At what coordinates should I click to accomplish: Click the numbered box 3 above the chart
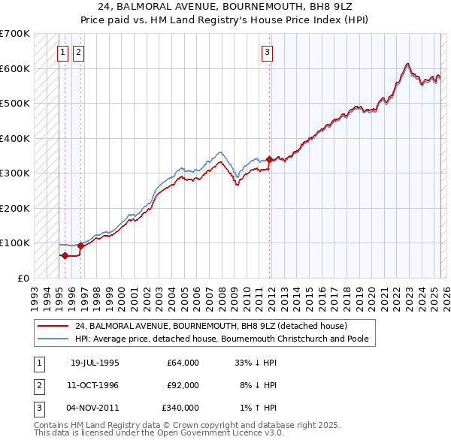click(x=267, y=52)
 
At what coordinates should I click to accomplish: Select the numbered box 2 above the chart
click(x=78, y=52)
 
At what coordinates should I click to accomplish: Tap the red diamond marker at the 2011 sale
click(x=269, y=159)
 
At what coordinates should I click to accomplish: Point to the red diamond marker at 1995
click(x=65, y=255)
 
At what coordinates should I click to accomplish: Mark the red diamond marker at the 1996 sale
click(x=80, y=246)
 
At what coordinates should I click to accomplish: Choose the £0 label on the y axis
click(x=23, y=278)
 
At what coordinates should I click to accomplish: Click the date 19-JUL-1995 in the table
click(x=95, y=363)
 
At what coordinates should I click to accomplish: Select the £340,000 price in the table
click(x=180, y=408)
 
